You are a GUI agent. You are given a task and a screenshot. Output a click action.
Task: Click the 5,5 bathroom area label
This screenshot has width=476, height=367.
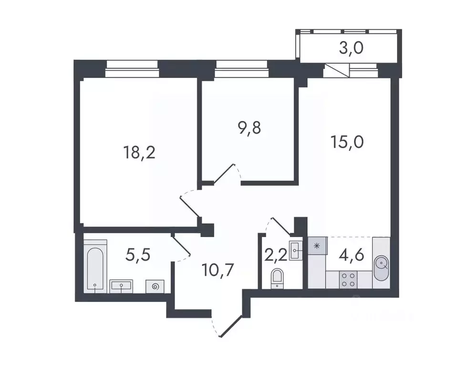(x=138, y=254)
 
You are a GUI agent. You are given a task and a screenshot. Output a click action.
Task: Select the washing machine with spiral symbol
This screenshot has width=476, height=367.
(x=155, y=286)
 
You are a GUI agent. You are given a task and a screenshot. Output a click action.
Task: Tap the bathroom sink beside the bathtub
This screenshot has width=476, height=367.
(x=122, y=286)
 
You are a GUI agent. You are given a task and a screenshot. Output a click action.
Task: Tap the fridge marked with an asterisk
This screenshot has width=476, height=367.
(x=316, y=246)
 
